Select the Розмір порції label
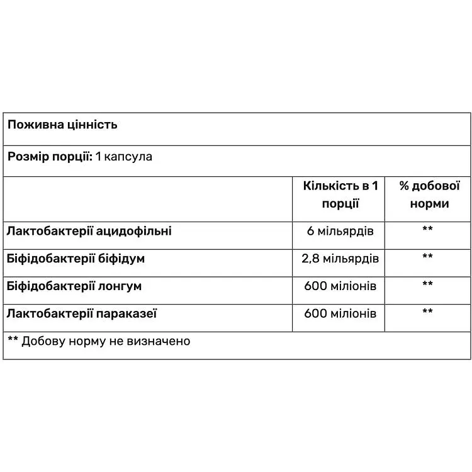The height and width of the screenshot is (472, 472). click(x=50, y=157)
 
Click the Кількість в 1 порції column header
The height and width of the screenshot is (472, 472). click(x=340, y=194)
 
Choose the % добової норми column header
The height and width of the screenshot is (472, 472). click(x=429, y=194)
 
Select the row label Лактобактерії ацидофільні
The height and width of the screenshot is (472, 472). click(x=89, y=231)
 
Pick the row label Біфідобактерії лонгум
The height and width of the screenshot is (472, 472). click(x=74, y=286)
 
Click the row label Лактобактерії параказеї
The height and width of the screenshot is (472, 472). click(x=82, y=313)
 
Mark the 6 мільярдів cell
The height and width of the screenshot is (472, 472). click(x=340, y=232)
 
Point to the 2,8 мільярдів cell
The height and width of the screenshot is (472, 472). click(x=340, y=259)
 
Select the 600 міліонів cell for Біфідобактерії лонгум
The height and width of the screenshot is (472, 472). click(x=340, y=286)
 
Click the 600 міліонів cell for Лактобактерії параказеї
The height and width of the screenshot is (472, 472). click(x=340, y=313)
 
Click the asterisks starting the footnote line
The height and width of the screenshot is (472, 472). click(x=13, y=340)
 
